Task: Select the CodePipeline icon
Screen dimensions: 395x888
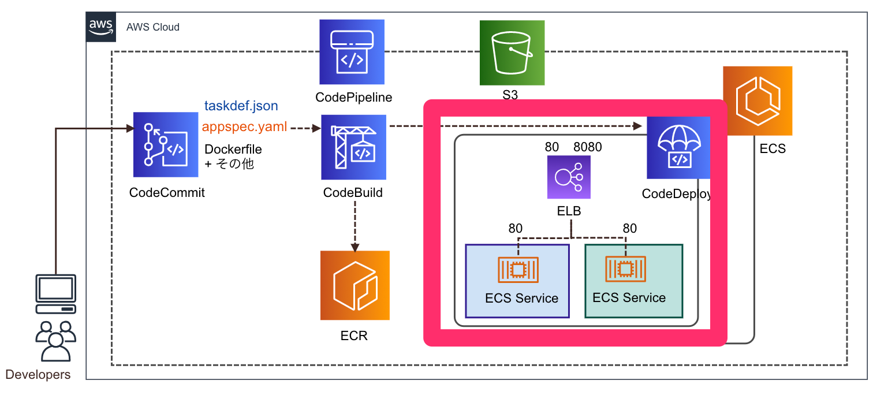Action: click(352, 52)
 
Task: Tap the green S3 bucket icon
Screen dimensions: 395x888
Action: click(512, 53)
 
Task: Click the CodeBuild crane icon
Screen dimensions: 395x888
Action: click(354, 147)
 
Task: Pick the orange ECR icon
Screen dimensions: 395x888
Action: click(355, 285)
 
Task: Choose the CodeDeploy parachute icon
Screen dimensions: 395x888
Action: click(678, 148)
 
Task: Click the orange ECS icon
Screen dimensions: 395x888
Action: click(757, 100)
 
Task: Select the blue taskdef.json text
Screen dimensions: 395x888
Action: click(241, 106)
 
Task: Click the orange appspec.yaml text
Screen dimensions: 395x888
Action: click(244, 126)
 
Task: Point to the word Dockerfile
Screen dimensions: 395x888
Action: click(233, 149)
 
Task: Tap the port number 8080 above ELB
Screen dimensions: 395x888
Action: click(587, 147)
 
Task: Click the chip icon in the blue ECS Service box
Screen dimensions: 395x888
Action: click(518, 269)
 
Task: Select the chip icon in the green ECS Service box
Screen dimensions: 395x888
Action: click(625, 269)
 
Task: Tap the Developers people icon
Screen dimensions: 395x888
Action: click(55, 341)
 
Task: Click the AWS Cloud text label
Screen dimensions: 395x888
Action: click(153, 27)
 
